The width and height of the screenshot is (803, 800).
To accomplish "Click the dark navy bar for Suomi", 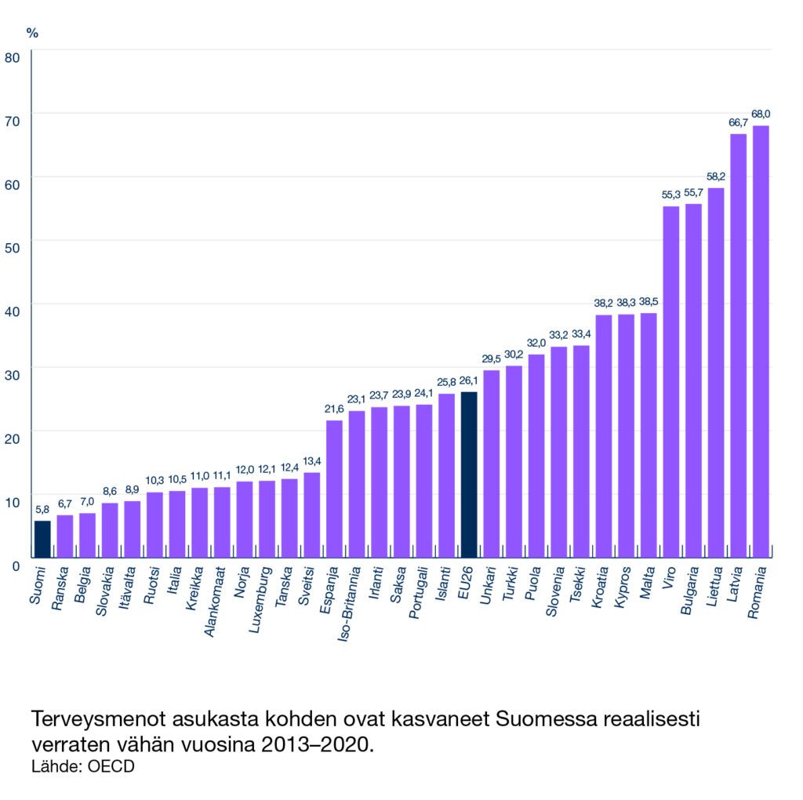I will (x=42, y=540).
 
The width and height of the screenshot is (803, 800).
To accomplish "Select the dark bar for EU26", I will (x=469, y=475).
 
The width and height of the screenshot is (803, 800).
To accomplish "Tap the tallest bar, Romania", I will (x=761, y=341).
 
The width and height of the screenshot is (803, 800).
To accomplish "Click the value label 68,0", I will (x=761, y=115).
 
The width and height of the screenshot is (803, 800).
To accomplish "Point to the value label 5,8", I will (x=42, y=510).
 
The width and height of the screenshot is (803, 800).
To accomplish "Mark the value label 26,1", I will (x=469, y=381).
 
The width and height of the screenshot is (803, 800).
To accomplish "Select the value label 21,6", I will (x=334, y=409).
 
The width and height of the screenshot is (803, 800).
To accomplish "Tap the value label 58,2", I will (x=716, y=177).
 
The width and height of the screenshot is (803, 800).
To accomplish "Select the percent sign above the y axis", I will (x=32, y=33).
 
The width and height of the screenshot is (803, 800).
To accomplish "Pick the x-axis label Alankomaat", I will (x=213, y=603).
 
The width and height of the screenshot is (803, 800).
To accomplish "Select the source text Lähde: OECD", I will (x=82, y=766).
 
